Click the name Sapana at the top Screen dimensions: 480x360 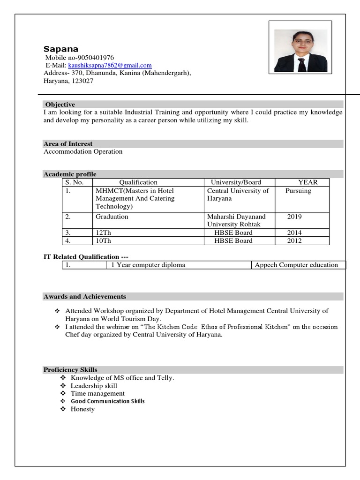[x=61, y=49]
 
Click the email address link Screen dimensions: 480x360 [x=110, y=66]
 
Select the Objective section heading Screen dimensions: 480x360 [x=60, y=105]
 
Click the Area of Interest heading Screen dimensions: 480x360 [x=68, y=144]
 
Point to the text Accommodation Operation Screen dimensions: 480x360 [x=83, y=152]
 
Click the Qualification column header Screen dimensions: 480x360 [x=138, y=182]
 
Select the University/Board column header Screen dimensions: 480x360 [x=236, y=182]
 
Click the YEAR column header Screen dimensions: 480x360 [x=307, y=182]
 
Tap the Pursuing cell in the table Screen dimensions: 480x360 [x=298, y=191]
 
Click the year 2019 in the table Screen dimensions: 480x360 [x=294, y=217]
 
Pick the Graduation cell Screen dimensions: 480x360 [x=112, y=217]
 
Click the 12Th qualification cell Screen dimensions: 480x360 [x=104, y=233]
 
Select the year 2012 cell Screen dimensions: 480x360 [x=294, y=241]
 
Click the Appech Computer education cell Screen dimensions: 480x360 [x=296, y=265]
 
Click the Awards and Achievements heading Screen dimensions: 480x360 [x=85, y=297]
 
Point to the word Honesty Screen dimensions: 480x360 [x=82, y=409]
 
